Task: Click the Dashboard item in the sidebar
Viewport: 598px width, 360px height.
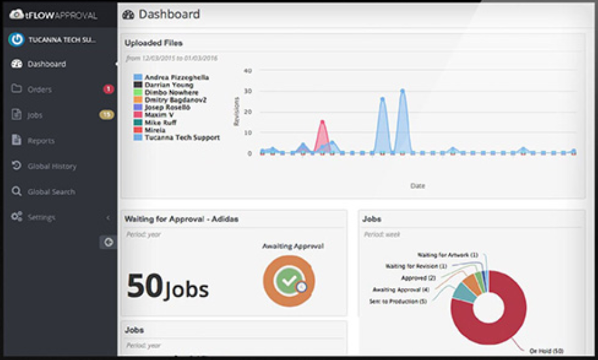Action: (46, 64)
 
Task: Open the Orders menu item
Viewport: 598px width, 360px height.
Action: (39, 90)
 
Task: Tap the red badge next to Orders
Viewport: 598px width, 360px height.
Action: (108, 89)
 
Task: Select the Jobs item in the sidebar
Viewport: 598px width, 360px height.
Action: (35, 115)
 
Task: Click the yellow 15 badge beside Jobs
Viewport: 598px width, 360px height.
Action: (106, 115)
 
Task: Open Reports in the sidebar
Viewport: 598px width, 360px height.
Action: (41, 141)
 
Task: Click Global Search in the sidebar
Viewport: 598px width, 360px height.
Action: (50, 192)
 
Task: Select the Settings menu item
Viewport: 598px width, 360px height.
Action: (41, 217)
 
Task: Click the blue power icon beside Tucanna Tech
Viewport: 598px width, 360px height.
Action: (16, 40)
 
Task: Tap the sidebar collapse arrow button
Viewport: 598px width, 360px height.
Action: (108, 242)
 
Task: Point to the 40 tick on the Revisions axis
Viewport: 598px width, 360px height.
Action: (247, 70)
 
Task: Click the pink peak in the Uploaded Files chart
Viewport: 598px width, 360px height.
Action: (322, 122)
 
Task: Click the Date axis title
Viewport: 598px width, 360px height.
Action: (417, 186)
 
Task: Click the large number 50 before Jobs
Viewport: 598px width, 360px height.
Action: (144, 285)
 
